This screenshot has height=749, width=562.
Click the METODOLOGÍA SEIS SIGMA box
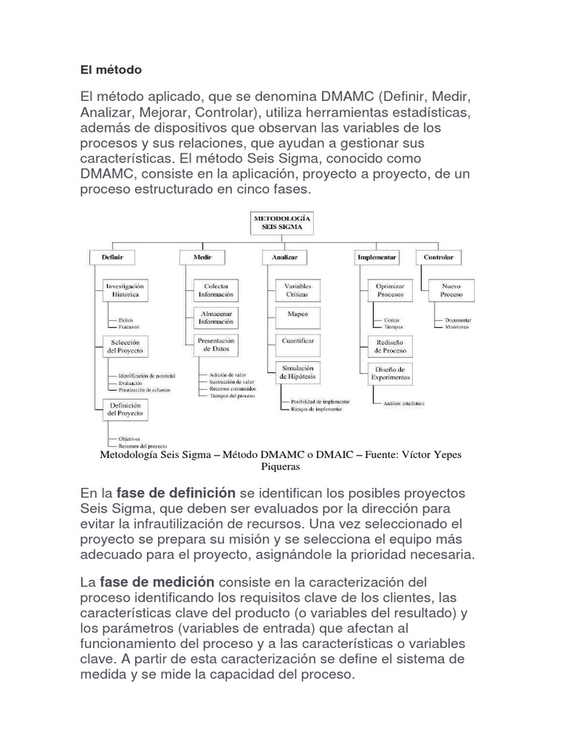point(282,223)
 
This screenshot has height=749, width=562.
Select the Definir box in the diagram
point(112,257)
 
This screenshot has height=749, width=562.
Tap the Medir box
point(203,257)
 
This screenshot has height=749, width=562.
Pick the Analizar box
point(284,257)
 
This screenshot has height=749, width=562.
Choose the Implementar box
point(377,257)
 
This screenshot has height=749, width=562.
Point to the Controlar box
point(439,257)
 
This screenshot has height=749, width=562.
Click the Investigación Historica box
point(124,290)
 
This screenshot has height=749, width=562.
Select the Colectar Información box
point(215,290)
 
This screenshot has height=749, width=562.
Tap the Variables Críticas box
point(297,290)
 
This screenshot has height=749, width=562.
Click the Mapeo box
point(297,315)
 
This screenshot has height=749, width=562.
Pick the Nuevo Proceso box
point(451,290)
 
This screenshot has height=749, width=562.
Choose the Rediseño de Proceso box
point(389,346)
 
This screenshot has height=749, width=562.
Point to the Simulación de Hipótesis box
point(296,372)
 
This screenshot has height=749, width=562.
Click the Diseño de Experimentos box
point(389,372)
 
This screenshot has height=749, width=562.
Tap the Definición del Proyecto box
point(124,409)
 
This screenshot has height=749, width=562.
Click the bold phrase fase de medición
point(157,582)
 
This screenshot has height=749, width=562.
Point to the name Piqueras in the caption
point(281,466)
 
